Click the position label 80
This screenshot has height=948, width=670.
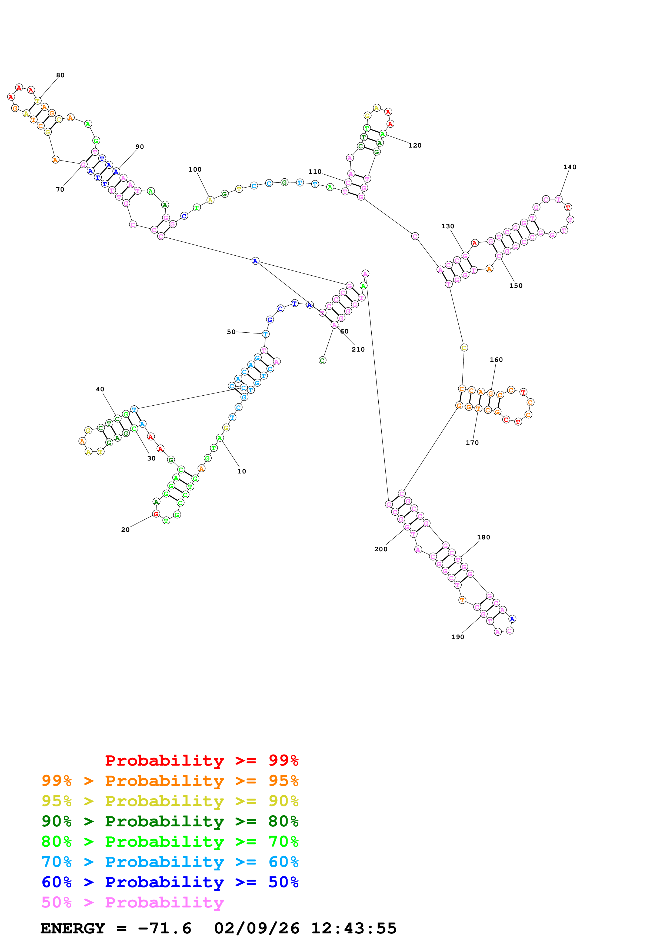(60, 75)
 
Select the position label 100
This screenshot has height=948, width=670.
(195, 170)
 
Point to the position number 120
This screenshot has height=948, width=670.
(415, 145)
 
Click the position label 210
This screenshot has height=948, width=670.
(358, 349)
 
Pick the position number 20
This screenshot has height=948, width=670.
(125, 530)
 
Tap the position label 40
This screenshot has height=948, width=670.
(100, 389)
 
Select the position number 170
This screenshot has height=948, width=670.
(472, 443)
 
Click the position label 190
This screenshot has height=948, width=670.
(457, 637)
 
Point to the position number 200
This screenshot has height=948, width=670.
(381, 549)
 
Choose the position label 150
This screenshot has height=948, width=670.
(516, 286)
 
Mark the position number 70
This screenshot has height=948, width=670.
(60, 189)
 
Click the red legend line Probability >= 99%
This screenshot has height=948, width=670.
(201, 760)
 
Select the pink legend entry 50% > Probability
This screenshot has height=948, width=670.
(132, 902)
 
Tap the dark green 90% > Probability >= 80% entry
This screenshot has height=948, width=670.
(170, 821)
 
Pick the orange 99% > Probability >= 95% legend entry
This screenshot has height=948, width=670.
(170, 781)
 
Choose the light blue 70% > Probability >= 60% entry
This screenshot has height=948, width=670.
(170, 862)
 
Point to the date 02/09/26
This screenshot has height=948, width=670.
(256, 928)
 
